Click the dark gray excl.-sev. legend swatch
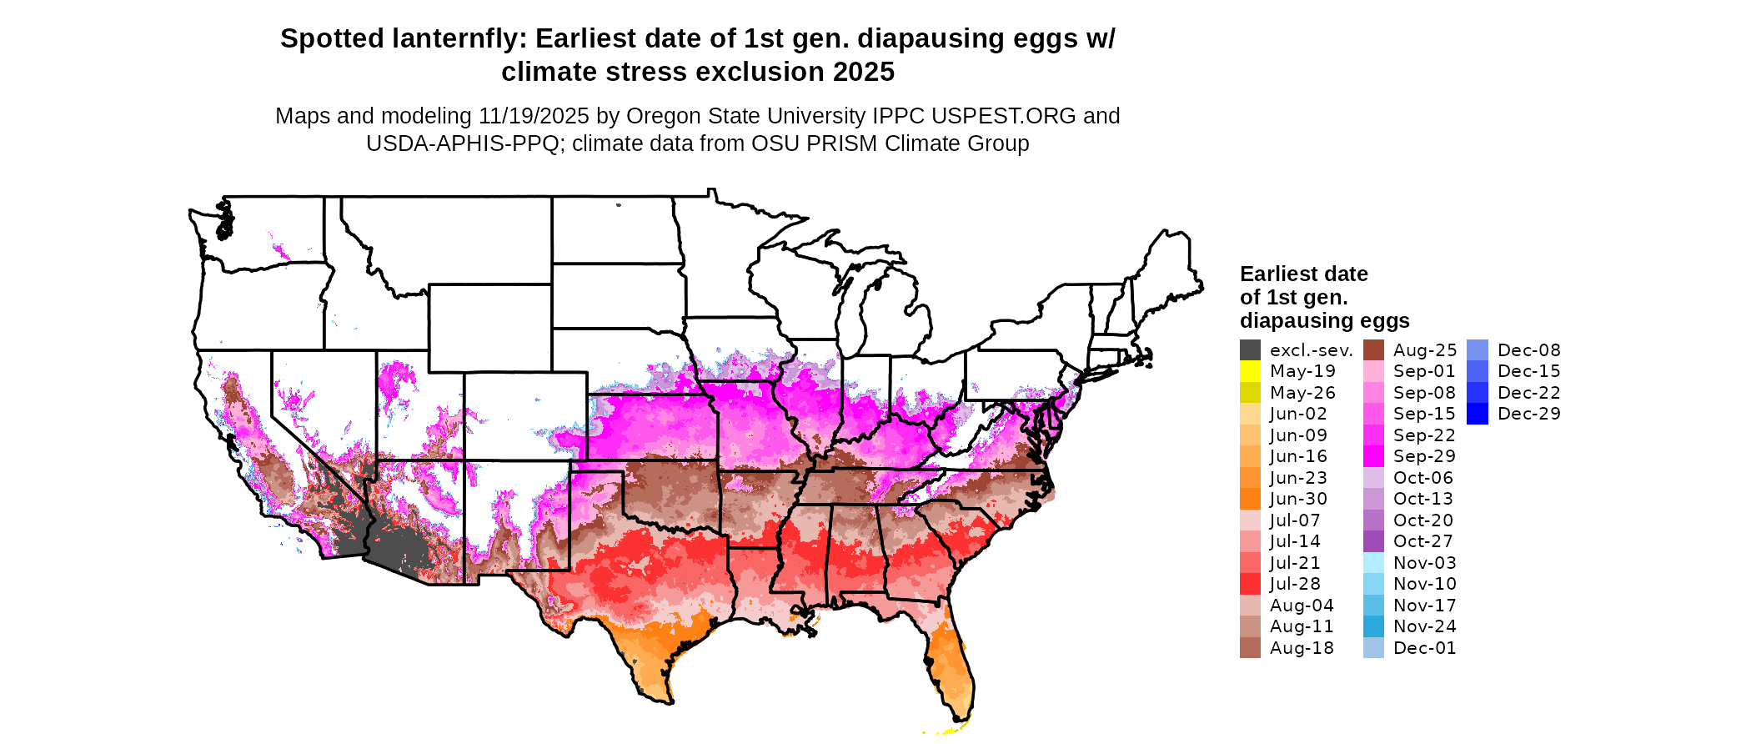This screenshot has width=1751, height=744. (x=1250, y=350)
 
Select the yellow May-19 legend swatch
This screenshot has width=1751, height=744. (x=1250, y=371)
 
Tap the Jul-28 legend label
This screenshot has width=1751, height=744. (x=1295, y=584)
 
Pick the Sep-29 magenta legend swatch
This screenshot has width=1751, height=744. (x=1373, y=456)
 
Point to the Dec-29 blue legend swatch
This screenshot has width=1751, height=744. (x=1477, y=414)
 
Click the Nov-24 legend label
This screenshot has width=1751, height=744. (x=1424, y=626)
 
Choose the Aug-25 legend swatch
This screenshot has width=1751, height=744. (x=1373, y=350)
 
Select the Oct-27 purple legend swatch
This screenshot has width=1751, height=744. (x=1373, y=541)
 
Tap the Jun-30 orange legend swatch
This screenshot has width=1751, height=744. (x=1250, y=499)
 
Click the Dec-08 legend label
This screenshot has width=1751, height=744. (x=1528, y=350)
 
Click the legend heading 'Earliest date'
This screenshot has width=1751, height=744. (x=1303, y=274)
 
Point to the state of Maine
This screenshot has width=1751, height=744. (x=1167, y=267)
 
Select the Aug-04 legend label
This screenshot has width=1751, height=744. (x=1302, y=606)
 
